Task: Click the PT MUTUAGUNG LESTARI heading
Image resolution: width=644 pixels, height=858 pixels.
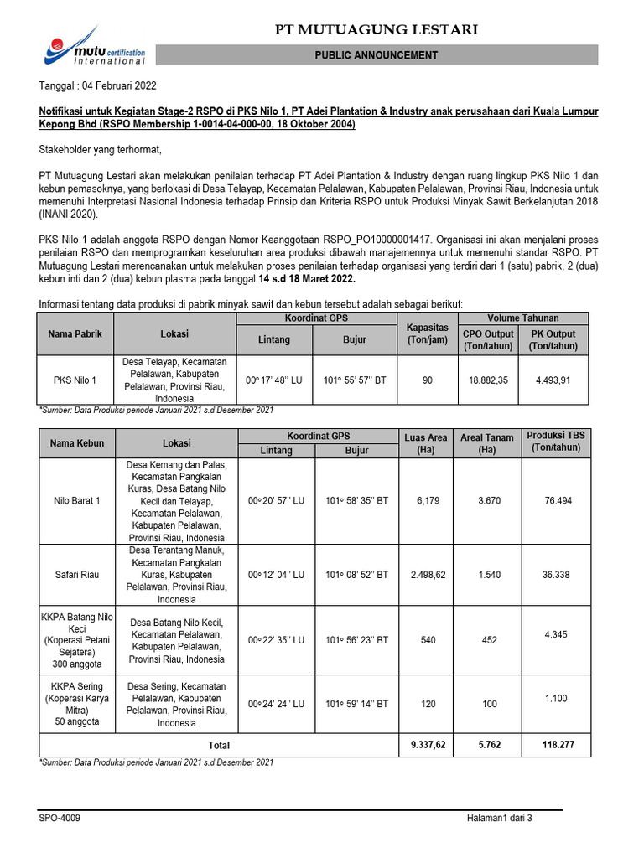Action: click(377, 30)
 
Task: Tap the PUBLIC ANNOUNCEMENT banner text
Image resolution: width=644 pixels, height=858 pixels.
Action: click(377, 55)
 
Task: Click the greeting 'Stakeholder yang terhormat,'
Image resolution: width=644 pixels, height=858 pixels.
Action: click(99, 150)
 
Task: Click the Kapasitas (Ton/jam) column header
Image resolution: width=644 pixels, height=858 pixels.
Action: click(428, 333)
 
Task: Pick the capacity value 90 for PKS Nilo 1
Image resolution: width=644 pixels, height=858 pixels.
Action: click(428, 380)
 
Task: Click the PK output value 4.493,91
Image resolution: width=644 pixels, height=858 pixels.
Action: click(553, 380)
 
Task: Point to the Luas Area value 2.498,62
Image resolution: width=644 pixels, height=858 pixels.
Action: click(428, 576)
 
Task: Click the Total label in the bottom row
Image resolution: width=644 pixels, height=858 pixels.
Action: click(219, 745)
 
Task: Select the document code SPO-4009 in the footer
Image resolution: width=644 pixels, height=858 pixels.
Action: click(60, 819)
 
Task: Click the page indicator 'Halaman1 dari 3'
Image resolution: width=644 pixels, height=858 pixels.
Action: click(501, 819)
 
